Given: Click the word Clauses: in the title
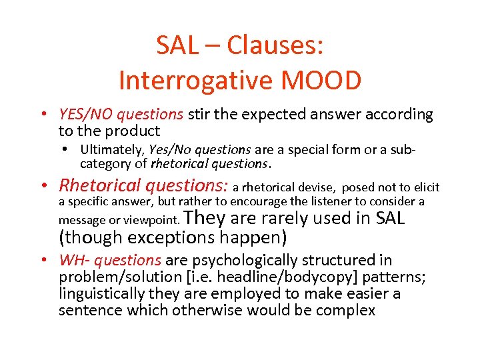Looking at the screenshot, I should pos(275,46).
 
